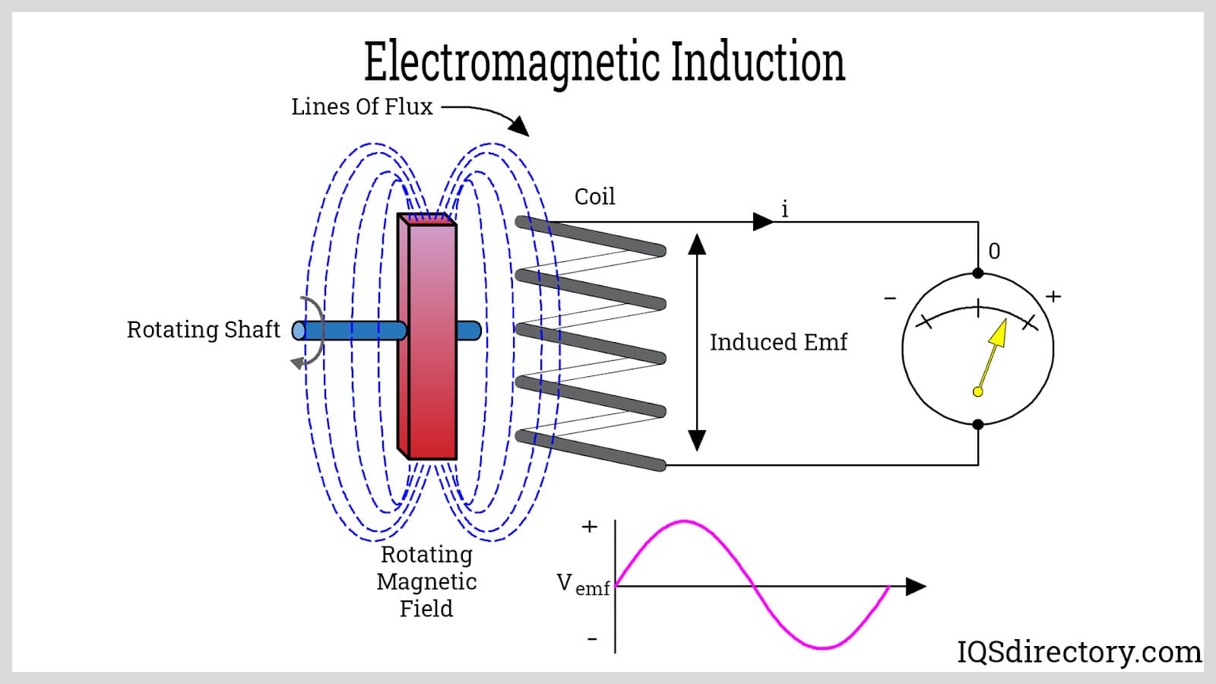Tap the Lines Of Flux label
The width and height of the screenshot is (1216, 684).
[x=362, y=107]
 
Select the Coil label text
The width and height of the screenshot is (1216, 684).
[x=594, y=197]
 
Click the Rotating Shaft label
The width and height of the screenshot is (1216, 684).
[x=203, y=330]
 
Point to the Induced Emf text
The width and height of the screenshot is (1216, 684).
[x=778, y=343]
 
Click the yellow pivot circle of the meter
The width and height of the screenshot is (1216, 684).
[x=978, y=391]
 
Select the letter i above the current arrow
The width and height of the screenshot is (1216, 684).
[x=785, y=209]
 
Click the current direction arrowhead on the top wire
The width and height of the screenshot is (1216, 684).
[x=762, y=222]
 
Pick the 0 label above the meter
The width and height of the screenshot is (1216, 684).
[x=994, y=252]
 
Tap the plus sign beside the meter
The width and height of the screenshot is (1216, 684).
[x=1053, y=296]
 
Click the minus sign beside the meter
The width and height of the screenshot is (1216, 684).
[x=890, y=299]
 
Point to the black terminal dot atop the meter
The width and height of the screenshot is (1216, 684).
[x=978, y=274]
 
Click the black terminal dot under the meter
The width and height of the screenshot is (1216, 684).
[x=978, y=425]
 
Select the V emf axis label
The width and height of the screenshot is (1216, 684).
[x=583, y=584]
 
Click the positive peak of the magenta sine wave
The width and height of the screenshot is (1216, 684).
[x=685, y=521]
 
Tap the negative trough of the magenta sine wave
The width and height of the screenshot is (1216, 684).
[x=822, y=648]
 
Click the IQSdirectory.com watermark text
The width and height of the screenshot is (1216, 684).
[x=1078, y=652]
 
